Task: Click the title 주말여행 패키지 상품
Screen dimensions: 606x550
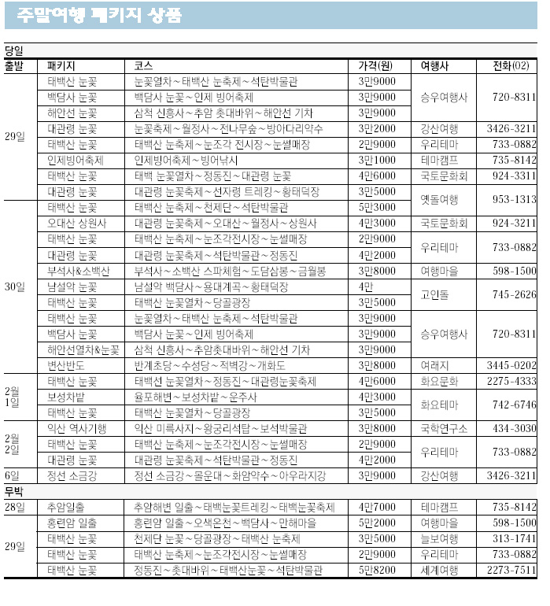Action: pyautogui.click(x=99, y=15)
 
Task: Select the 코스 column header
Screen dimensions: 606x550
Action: pyautogui.click(x=143, y=65)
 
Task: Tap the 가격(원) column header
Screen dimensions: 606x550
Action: pyautogui.click(x=375, y=65)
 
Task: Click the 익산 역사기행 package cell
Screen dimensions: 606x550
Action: pyautogui.click(x=76, y=428)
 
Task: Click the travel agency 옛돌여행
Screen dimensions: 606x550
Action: pyautogui.click(x=439, y=199)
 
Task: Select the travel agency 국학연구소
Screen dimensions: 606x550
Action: pyautogui.click(x=444, y=428)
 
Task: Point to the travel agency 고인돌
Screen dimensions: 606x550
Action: pyautogui.click(x=434, y=294)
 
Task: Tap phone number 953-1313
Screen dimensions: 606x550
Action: pyautogui.click(x=514, y=199)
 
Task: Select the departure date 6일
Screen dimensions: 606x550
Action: pyautogui.click(x=13, y=475)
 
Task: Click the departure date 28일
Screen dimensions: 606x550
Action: pyautogui.click(x=15, y=507)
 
